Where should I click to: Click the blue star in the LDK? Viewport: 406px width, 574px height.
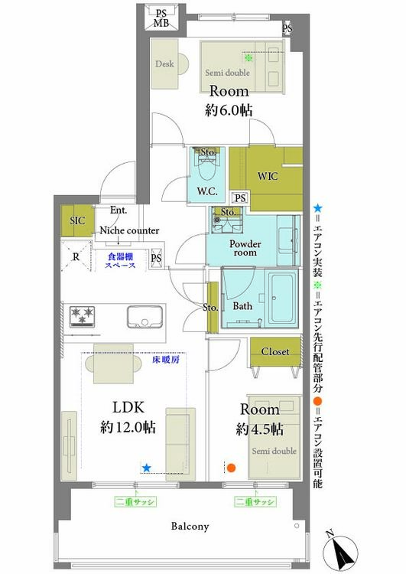click(x=147, y=468)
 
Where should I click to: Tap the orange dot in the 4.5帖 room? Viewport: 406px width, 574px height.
click(x=231, y=468)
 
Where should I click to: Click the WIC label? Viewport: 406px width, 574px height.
click(x=268, y=176)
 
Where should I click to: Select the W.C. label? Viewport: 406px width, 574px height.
click(x=207, y=191)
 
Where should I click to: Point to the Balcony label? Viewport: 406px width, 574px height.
click(x=190, y=527)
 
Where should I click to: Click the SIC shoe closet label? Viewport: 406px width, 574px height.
click(x=77, y=220)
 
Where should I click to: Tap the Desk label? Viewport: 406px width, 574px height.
click(x=164, y=64)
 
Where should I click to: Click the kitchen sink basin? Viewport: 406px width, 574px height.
click(x=145, y=317)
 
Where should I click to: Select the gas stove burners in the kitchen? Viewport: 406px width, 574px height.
click(x=83, y=315)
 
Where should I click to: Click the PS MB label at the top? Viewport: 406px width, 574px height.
click(x=161, y=18)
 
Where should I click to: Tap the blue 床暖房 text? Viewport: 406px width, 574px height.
click(x=166, y=360)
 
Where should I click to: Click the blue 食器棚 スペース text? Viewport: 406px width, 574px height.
click(x=120, y=261)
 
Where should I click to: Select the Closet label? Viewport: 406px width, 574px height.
click(x=275, y=352)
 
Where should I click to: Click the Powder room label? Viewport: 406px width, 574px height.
click(x=245, y=248)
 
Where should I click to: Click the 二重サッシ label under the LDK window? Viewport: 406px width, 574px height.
click(x=135, y=501)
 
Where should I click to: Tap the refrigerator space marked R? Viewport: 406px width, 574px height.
click(x=76, y=256)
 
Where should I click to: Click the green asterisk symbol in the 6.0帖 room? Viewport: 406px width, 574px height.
click(x=248, y=58)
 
